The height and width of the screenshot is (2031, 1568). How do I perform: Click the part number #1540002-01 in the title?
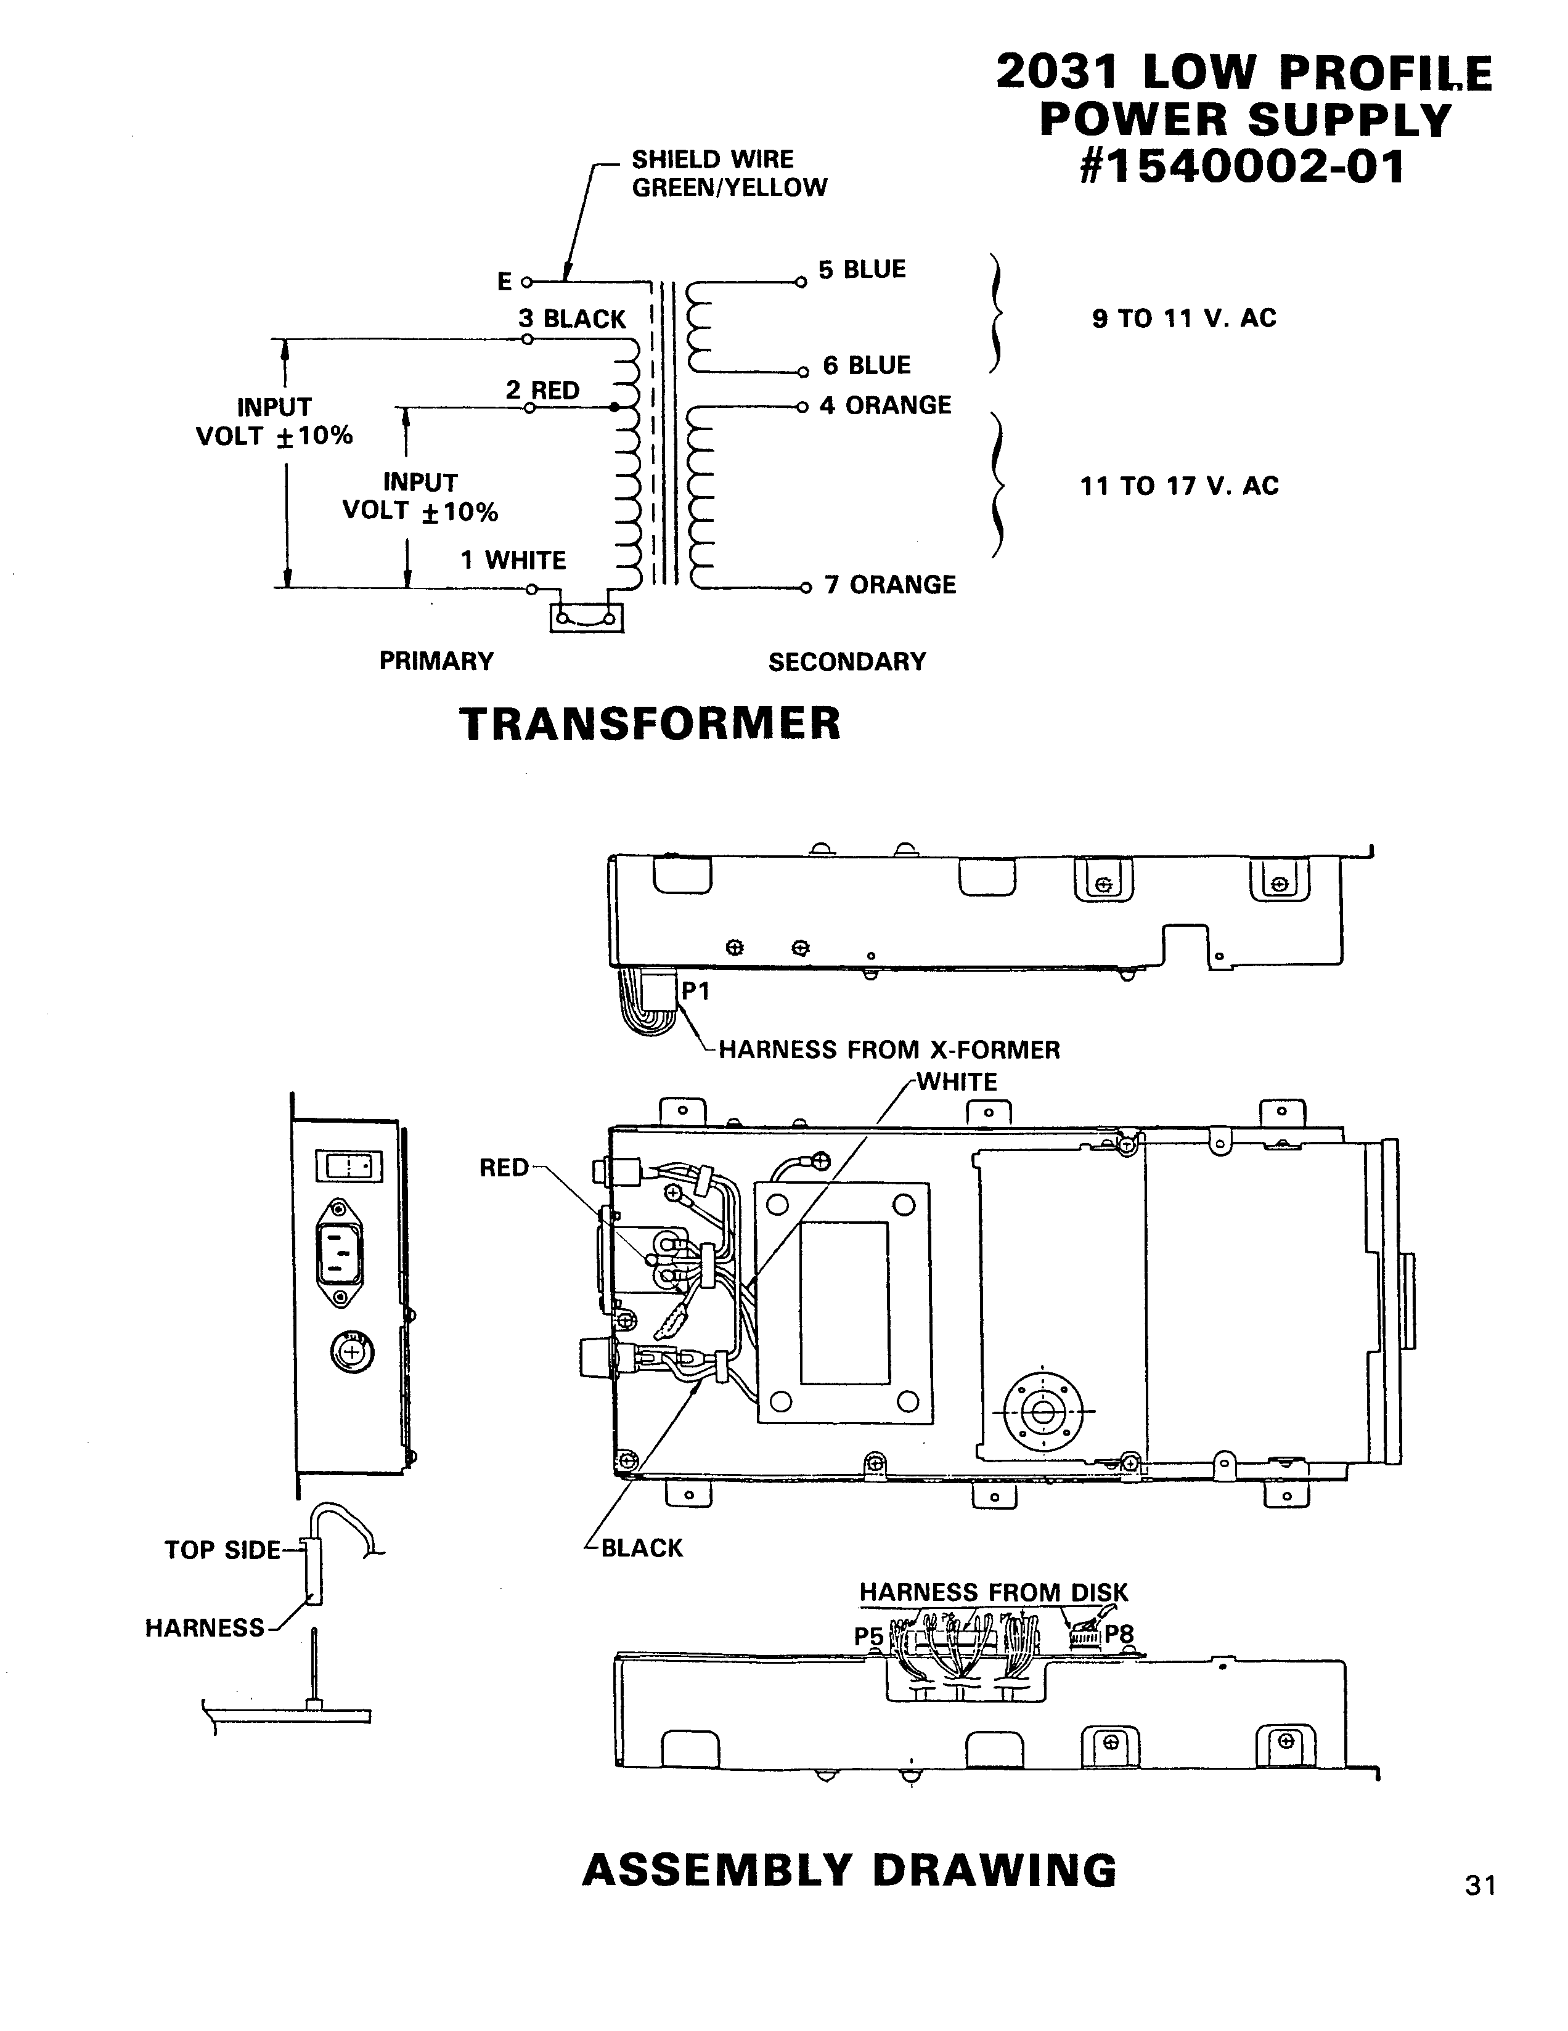[1243, 168]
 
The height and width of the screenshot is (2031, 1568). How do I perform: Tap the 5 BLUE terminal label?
[861, 270]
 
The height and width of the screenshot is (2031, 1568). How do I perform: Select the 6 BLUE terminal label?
[866, 365]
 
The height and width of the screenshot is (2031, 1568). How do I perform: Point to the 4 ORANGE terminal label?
[884, 405]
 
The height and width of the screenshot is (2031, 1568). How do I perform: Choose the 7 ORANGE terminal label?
[889, 585]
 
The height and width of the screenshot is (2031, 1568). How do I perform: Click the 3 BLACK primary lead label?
[572, 319]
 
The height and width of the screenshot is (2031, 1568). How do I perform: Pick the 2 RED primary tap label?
[542, 391]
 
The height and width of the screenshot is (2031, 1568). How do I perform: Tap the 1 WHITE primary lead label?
[513, 560]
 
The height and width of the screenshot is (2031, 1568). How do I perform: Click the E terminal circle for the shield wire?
[526, 282]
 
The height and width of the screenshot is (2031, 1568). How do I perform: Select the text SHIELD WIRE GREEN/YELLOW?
[728, 174]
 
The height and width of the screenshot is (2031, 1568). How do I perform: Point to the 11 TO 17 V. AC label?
[1179, 486]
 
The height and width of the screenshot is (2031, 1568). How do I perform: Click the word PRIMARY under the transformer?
[436, 661]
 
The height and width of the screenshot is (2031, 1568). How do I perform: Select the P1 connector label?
[696, 991]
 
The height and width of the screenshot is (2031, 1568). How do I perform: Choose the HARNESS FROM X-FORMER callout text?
[889, 1050]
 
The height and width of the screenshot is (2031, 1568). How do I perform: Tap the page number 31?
[1480, 1885]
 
